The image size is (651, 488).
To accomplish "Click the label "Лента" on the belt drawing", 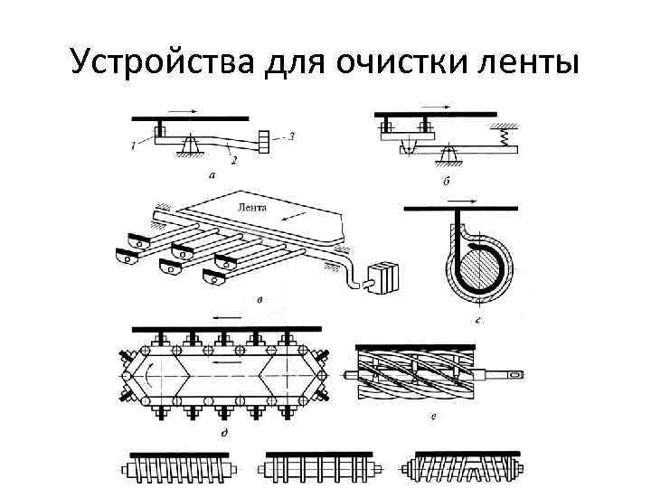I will point(251,207).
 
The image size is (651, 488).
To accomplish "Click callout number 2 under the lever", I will point(233,160).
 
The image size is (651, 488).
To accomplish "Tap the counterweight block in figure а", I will point(264,143).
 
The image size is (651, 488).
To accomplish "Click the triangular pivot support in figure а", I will point(191,144).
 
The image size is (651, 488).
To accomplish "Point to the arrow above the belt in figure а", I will point(183,111).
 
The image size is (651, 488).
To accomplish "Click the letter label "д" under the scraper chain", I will point(222,433).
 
